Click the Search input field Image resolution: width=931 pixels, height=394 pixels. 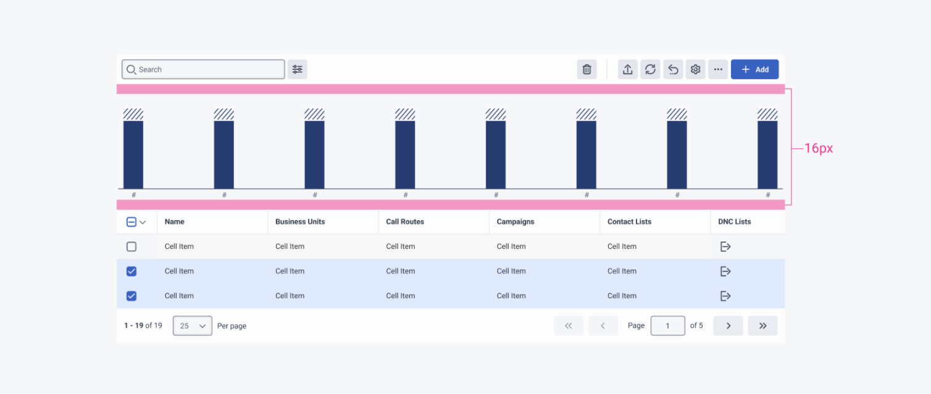pyautogui.click(x=204, y=70)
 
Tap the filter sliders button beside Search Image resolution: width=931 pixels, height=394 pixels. pyautogui.click(x=298, y=70)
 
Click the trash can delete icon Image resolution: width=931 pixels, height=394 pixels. pyautogui.click(x=587, y=70)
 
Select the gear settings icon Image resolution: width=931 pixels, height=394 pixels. pyautogui.click(x=696, y=70)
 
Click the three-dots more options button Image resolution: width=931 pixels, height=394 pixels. pyautogui.click(x=718, y=70)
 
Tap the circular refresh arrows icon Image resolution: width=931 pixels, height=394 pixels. pyautogui.click(x=650, y=70)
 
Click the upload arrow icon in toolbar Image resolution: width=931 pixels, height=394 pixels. pyautogui.click(x=627, y=70)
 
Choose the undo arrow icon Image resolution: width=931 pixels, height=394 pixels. pyautogui.click(x=673, y=70)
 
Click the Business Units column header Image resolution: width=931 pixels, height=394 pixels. pyautogui.click(x=300, y=222)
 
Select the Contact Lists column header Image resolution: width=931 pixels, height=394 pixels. pyautogui.click(x=629, y=222)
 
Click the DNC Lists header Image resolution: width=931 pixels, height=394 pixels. pyautogui.click(x=734, y=222)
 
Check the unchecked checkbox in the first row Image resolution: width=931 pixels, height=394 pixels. pyautogui.click(x=132, y=246)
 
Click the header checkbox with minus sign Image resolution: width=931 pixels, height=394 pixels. pyautogui.click(x=132, y=222)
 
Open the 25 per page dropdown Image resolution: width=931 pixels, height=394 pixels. pyautogui.click(x=193, y=325)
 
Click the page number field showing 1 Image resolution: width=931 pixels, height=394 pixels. pyautogui.click(x=667, y=325)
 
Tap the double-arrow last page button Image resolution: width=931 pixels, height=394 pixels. pyautogui.click(x=762, y=325)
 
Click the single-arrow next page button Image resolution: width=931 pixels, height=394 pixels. pyautogui.click(x=728, y=325)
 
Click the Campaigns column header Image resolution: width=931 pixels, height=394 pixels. pyautogui.click(x=516, y=222)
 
